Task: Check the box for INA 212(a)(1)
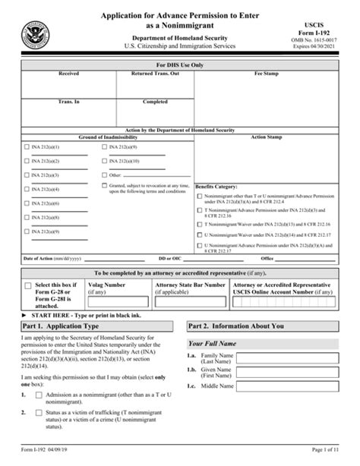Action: point(27,146)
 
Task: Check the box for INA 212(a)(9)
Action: point(104,146)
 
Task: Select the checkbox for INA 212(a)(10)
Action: point(104,160)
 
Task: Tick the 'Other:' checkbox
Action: point(104,175)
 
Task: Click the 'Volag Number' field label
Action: point(109,284)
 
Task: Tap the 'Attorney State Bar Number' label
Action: point(190,284)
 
